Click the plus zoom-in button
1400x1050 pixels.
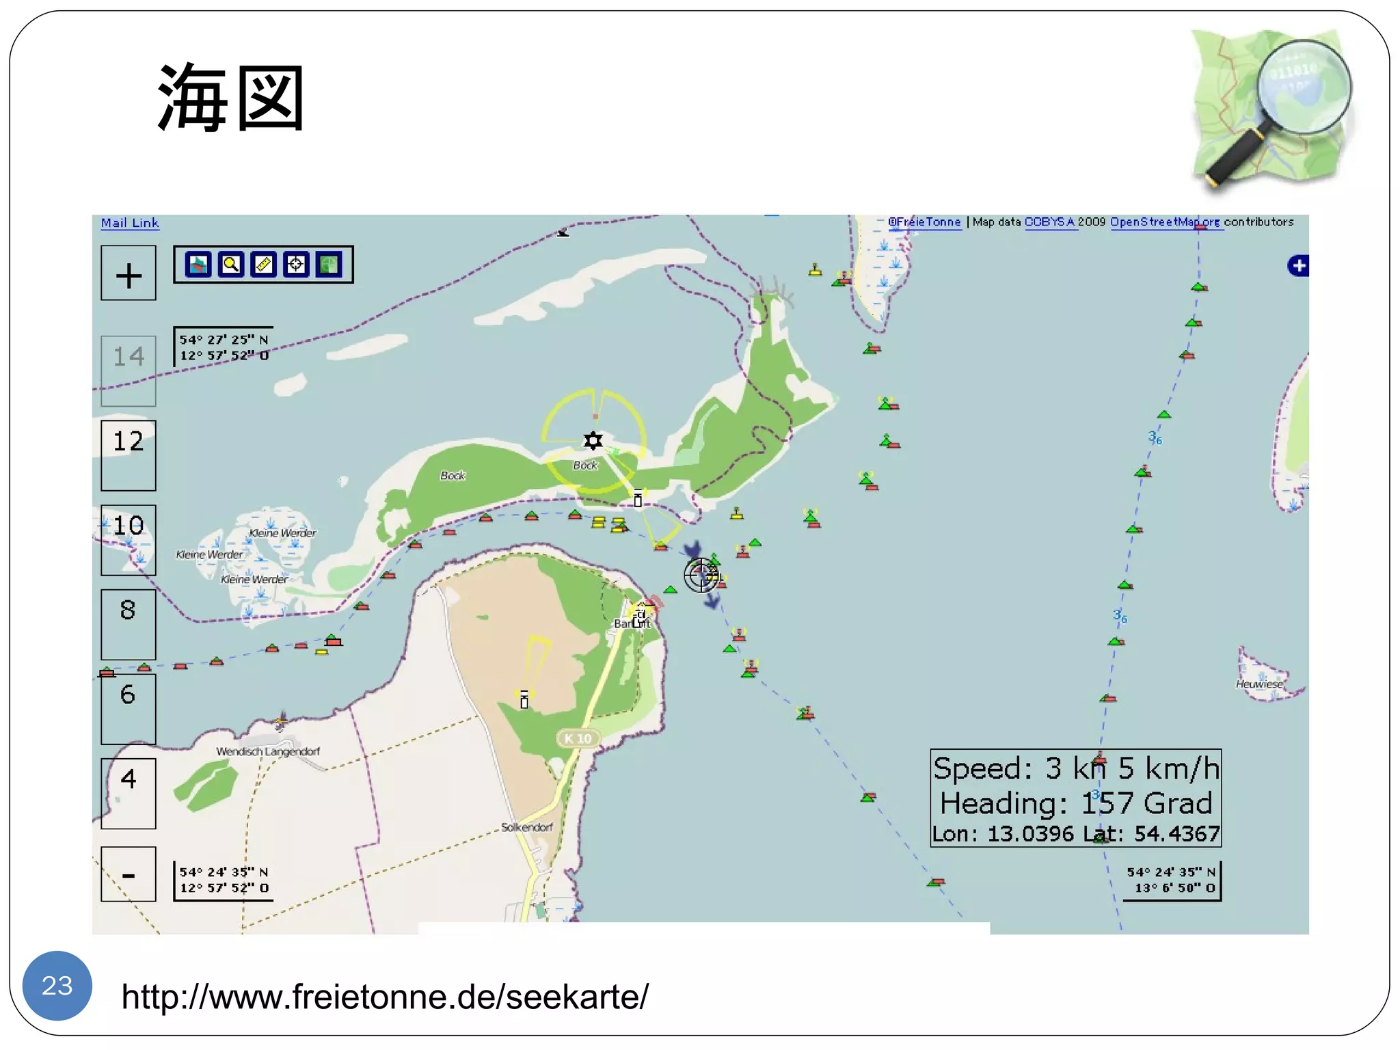pos(129,273)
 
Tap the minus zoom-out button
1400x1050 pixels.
pos(129,874)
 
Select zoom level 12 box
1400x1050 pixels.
pos(129,455)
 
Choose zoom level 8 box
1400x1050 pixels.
pos(129,623)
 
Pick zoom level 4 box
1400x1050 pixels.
pos(129,793)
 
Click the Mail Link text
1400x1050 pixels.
pos(130,223)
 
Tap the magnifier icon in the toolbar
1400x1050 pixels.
pos(231,265)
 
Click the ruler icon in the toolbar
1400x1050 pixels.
pos(263,265)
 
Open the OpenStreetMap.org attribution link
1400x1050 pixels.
pos(1165,222)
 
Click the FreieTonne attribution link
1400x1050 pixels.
pos(925,222)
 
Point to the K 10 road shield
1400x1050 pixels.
pos(578,738)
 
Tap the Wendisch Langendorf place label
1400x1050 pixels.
pos(268,751)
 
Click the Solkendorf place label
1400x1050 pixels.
pos(526,827)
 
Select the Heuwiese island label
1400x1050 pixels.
pos(1259,684)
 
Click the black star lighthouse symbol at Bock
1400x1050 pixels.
pos(593,441)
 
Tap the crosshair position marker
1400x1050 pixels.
pos(701,576)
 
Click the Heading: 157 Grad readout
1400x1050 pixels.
pos(1075,803)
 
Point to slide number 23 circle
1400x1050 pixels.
pos(57,985)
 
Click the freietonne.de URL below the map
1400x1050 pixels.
pos(385,997)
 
